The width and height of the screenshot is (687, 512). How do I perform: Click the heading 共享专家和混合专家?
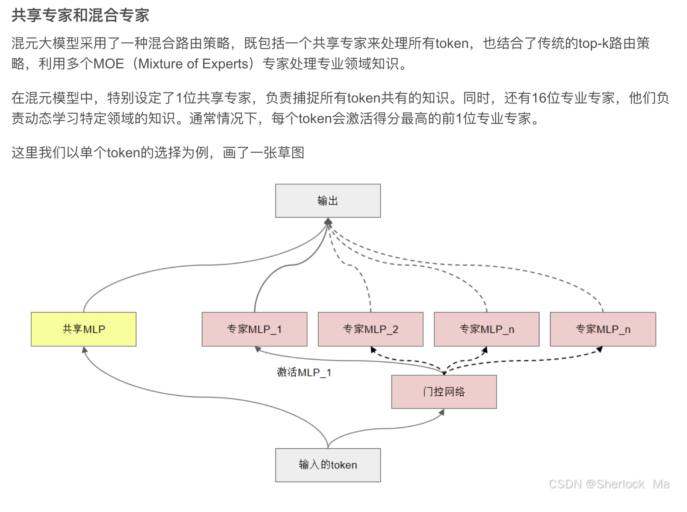pyautogui.click(x=80, y=15)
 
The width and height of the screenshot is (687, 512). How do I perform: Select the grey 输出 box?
pyautogui.click(x=328, y=201)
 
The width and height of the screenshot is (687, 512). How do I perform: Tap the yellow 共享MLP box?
pyautogui.click(x=83, y=329)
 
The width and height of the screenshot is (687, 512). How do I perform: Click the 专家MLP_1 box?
pyautogui.click(x=254, y=329)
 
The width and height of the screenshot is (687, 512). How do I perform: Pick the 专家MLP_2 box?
pyautogui.click(x=370, y=329)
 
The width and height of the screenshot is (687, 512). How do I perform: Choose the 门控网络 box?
pyautogui.click(x=444, y=392)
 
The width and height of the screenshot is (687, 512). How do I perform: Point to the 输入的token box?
pyautogui.click(x=328, y=465)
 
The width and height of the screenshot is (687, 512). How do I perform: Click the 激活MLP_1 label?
pyautogui.click(x=304, y=372)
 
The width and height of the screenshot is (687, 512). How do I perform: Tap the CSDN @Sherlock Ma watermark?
pyautogui.click(x=609, y=484)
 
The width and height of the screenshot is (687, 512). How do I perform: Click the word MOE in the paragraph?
pyautogui.click(x=108, y=64)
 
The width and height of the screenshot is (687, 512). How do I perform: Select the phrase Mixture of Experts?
pyautogui.click(x=193, y=64)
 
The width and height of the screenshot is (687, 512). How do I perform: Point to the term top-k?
pyautogui.click(x=594, y=43)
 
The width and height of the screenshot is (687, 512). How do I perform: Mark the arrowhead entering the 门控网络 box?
pyautogui.click(x=442, y=412)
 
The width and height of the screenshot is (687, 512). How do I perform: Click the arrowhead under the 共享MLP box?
pyautogui.click(x=85, y=350)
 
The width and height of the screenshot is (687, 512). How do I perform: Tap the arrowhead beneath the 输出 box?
pyautogui.click(x=328, y=221)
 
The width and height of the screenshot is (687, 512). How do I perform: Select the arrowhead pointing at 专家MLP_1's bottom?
pyautogui.click(x=258, y=349)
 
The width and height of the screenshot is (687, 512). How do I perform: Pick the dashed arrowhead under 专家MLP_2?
pyautogui.click(x=373, y=350)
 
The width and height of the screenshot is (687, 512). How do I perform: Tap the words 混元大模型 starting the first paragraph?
pyautogui.click(x=45, y=43)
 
